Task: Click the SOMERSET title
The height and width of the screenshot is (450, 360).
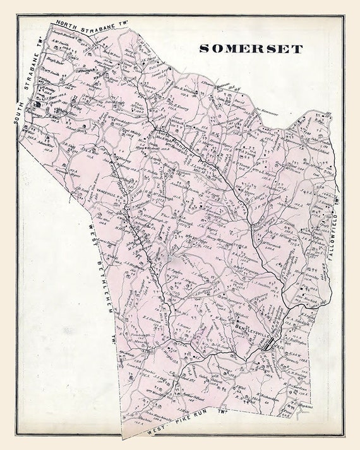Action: point(251,49)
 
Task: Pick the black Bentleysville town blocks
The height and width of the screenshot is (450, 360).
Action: point(273,345)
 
